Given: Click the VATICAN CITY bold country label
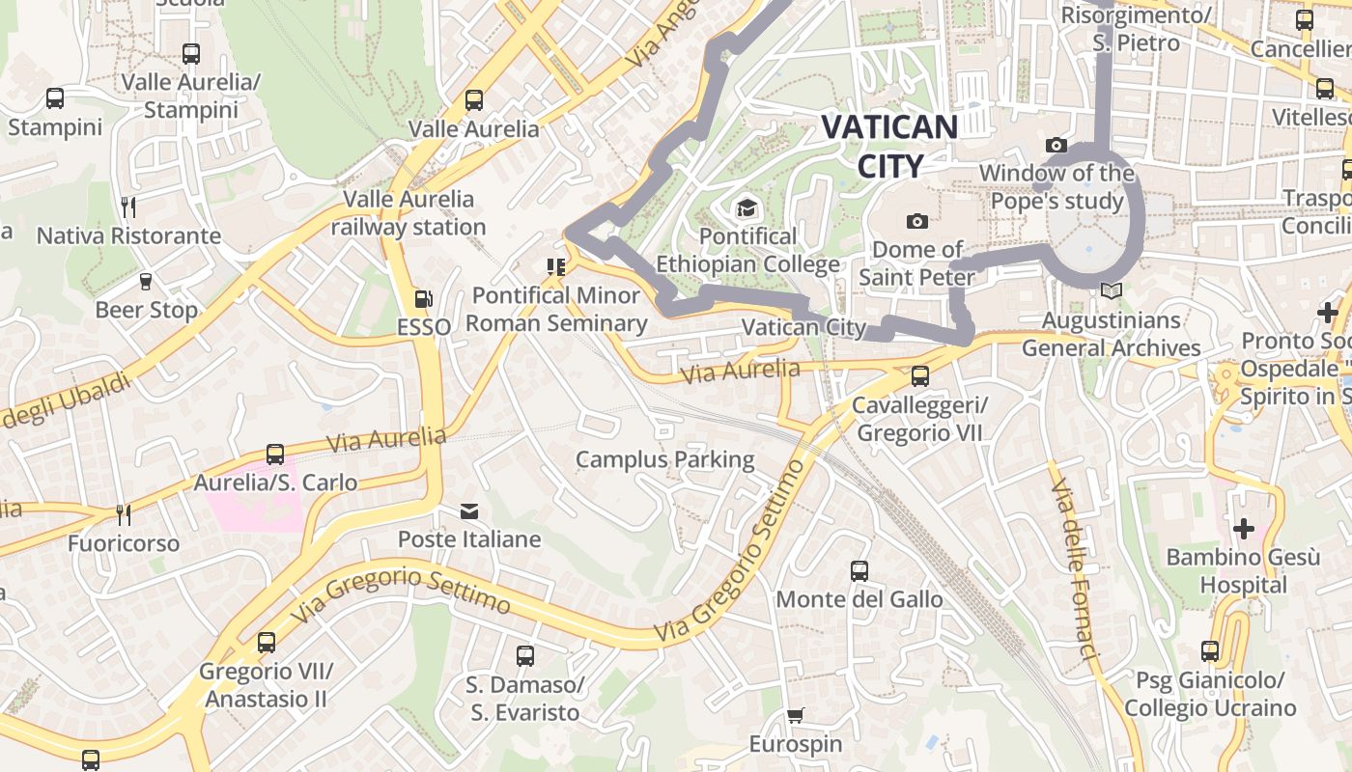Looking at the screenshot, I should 889,146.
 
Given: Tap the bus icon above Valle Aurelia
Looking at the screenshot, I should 473,100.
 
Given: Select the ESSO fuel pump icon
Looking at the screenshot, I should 423,300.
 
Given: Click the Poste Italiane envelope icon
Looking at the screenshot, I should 469,510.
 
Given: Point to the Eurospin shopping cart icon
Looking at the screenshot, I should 796,716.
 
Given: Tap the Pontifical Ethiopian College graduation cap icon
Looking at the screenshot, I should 746,207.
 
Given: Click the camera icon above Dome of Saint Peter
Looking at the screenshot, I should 917,222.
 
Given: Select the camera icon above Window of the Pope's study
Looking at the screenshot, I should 1056,146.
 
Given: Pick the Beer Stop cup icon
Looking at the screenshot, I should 146,282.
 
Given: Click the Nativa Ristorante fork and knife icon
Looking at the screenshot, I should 127,207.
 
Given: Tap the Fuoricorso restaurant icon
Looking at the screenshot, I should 123,514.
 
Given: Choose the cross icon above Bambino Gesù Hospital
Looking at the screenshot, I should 1243,529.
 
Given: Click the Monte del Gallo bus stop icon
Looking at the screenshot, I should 859,571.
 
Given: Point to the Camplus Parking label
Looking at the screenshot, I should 665,459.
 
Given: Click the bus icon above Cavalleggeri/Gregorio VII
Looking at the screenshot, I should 920,376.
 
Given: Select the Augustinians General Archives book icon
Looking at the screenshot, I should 1112,290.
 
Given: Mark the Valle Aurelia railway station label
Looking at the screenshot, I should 408,213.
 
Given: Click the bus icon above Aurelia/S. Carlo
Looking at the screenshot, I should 275,455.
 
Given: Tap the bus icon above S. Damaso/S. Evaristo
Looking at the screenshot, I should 525,656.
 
